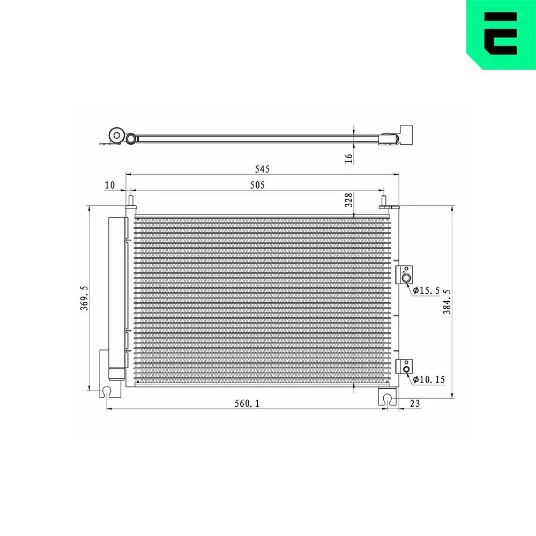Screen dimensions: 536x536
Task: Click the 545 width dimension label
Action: pos(262,169)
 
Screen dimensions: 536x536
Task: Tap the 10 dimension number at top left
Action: pos(110,185)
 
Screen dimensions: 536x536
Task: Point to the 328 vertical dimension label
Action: pos(348,200)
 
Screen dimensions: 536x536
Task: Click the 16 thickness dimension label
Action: pos(348,157)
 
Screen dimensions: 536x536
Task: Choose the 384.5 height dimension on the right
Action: pos(446,302)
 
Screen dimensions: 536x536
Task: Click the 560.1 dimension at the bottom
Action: pos(247,404)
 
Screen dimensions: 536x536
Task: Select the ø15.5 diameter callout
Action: pos(427,291)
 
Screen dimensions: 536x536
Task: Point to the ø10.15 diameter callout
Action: pos(429,379)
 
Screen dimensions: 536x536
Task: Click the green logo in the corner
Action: pos(500,33)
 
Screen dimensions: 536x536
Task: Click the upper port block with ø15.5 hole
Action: pos(405,275)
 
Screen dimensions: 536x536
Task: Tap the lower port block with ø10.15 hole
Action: pos(405,367)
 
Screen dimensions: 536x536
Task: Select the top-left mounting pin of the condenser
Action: pos(130,201)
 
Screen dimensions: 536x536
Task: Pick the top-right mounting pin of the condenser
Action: pos(384,202)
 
